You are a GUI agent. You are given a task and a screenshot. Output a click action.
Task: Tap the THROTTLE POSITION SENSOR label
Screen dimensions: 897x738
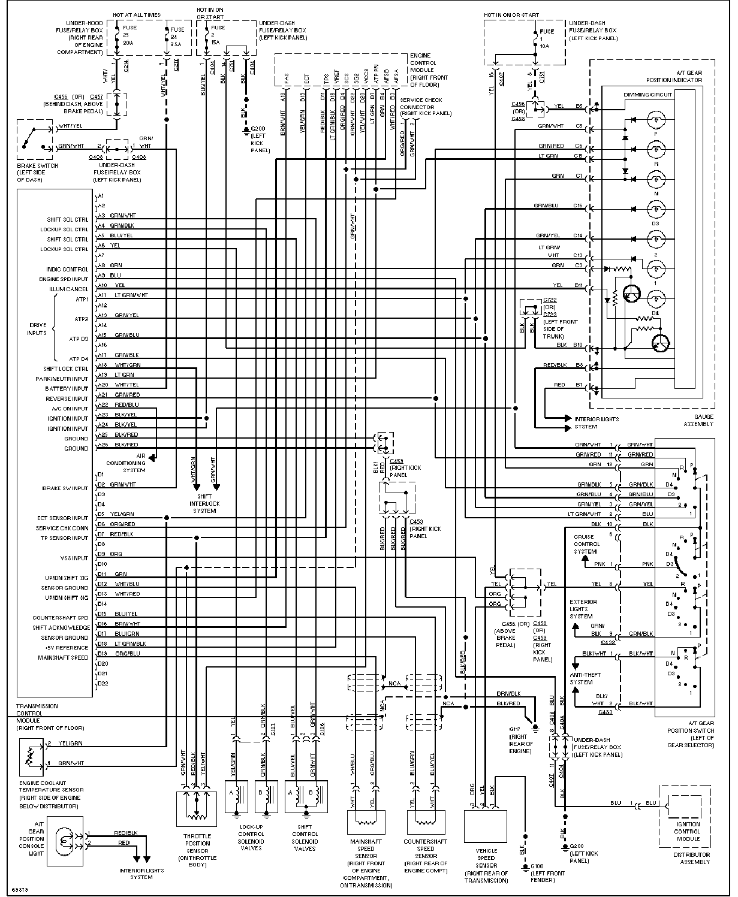click(197, 850)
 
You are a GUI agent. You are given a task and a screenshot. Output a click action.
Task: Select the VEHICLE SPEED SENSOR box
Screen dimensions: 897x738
click(486, 827)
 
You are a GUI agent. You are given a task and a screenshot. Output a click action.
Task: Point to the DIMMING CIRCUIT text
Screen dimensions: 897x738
click(648, 95)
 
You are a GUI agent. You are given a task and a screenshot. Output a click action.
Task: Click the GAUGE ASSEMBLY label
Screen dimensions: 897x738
click(698, 420)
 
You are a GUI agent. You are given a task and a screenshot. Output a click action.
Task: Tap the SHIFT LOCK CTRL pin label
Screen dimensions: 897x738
click(66, 369)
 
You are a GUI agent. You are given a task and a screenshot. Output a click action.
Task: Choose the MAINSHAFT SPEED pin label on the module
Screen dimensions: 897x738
click(65, 657)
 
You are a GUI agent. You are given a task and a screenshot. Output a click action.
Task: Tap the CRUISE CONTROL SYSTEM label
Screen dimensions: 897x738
click(585, 544)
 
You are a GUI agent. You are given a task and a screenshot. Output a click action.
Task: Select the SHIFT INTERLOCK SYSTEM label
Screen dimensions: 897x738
click(204, 503)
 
